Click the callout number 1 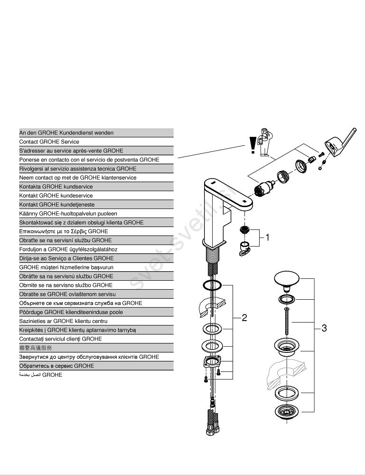267,237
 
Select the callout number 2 244,318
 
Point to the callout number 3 324,328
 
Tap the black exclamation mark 253,145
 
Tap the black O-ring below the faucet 212,285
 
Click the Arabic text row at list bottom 41,375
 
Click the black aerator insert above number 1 245,230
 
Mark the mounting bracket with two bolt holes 211,362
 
